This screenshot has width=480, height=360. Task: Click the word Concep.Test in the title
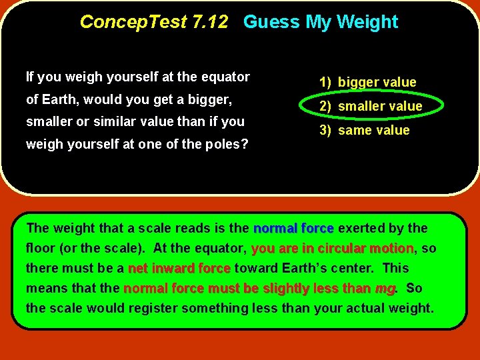pos(133,22)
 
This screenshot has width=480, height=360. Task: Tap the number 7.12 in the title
pos(209,22)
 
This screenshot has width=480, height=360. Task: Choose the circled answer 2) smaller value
pos(371,107)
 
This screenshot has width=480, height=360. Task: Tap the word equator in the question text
pos(226,77)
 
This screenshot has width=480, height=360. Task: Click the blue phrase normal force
pos(293,229)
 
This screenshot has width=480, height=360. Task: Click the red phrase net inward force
pos(179,269)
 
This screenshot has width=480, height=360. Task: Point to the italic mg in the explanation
pos(385,289)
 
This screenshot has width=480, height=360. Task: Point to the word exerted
pos(361,229)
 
